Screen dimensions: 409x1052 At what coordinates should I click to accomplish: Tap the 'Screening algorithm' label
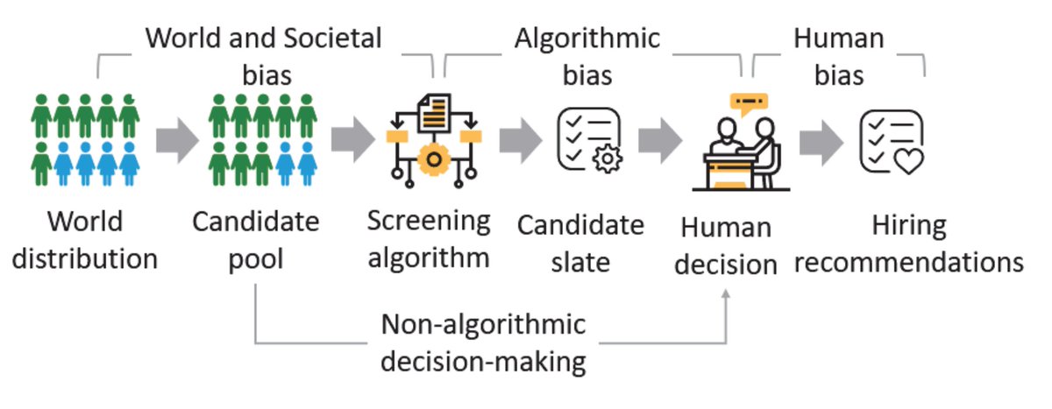(x=429, y=239)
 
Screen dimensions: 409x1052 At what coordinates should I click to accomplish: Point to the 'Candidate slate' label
(x=580, y=243)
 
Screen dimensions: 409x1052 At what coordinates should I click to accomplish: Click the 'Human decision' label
(x=726, y=246)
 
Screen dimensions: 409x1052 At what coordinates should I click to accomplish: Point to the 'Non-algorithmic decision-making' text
(x=484, y=342)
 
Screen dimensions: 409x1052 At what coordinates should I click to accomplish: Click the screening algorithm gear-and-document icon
(x=430, y=140)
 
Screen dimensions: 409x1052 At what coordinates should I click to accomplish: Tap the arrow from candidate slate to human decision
(x=660, y=142)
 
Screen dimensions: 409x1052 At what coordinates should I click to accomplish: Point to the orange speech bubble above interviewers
(x=748, y=103)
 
